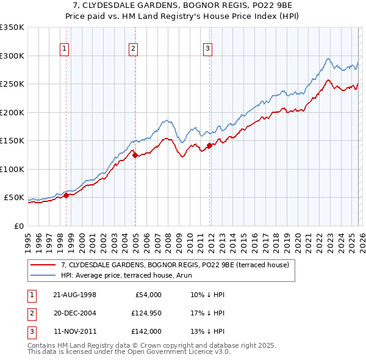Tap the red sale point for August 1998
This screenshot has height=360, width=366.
[x=66, y=195]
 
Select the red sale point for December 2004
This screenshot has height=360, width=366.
[x=135, y=156]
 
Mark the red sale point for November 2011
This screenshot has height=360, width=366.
[x=209, y=145]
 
